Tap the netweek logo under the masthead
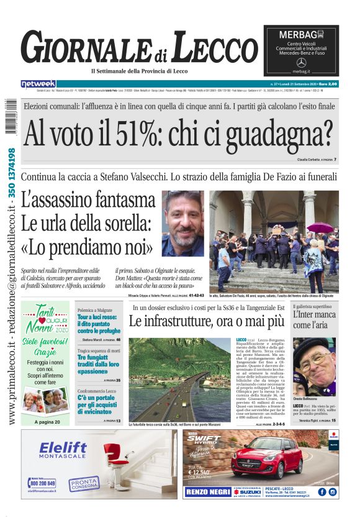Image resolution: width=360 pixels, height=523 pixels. tap(38, 83)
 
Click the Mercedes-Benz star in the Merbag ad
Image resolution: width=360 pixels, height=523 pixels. tap(302, 63)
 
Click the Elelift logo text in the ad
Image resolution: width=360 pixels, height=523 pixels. tap(63, 448)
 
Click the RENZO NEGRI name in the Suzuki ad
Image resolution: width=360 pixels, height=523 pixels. tap(207, 492)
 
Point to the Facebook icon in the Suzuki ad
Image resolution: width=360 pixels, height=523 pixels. tap(322, 492)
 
